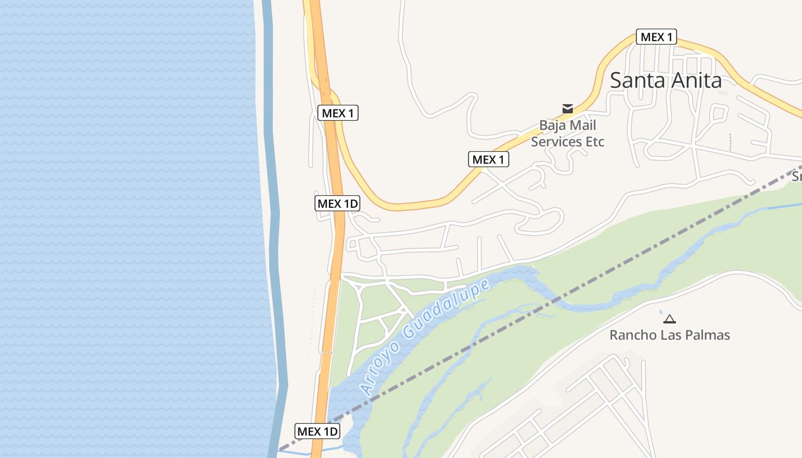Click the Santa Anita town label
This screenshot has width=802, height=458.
click(x=665, y=80)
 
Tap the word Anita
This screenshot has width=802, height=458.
click(x=694, y=80)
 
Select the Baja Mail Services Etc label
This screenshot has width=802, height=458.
click(x=567, y=133)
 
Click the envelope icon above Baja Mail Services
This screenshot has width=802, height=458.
click(x=568, y=108)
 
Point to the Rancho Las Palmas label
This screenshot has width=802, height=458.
click(x=669, y=335)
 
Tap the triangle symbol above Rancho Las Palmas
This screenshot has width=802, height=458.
click(x=669, y=319)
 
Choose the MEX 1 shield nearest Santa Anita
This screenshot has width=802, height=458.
click(x=656, y=37)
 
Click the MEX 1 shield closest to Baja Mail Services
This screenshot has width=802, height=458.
click(x=488, y=160)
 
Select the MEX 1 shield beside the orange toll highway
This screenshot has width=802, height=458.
click(x=337, y=113)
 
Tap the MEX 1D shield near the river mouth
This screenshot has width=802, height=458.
click(x=317, y=431)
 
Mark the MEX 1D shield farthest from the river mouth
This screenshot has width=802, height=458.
click(x=337, y=203)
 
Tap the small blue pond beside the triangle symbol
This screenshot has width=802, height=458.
click(x=661, y=312)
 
